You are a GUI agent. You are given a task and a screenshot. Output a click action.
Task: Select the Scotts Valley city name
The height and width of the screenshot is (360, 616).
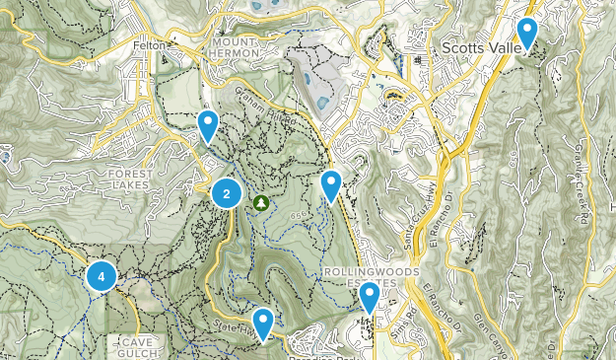[481, 46]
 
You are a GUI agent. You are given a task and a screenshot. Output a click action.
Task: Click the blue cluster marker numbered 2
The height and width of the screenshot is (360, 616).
[227, 194]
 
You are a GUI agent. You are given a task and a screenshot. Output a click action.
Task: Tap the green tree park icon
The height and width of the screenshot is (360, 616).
[260, 203]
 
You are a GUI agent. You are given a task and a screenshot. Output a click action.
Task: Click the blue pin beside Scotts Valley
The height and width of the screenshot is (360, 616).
[527, 33]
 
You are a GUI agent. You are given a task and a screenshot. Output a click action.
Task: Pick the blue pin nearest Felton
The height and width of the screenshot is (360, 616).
[208, 124]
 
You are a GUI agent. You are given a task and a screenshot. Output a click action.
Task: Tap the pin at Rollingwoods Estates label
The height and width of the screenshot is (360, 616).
[370, 295]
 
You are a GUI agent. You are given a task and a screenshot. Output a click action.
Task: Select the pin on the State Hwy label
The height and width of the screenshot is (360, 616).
[263, 322]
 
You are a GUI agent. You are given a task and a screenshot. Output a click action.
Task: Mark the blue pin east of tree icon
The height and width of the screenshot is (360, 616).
[331, 183]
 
